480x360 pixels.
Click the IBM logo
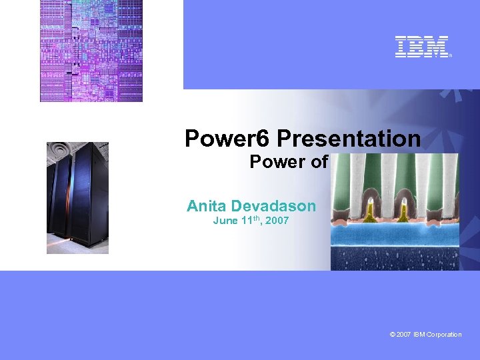pos(422,47)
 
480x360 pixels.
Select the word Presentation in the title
pos(349,139)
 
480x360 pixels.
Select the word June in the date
pos(225,221)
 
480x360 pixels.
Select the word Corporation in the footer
pos(445,335)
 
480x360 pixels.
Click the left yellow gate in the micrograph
pos(369,211)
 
